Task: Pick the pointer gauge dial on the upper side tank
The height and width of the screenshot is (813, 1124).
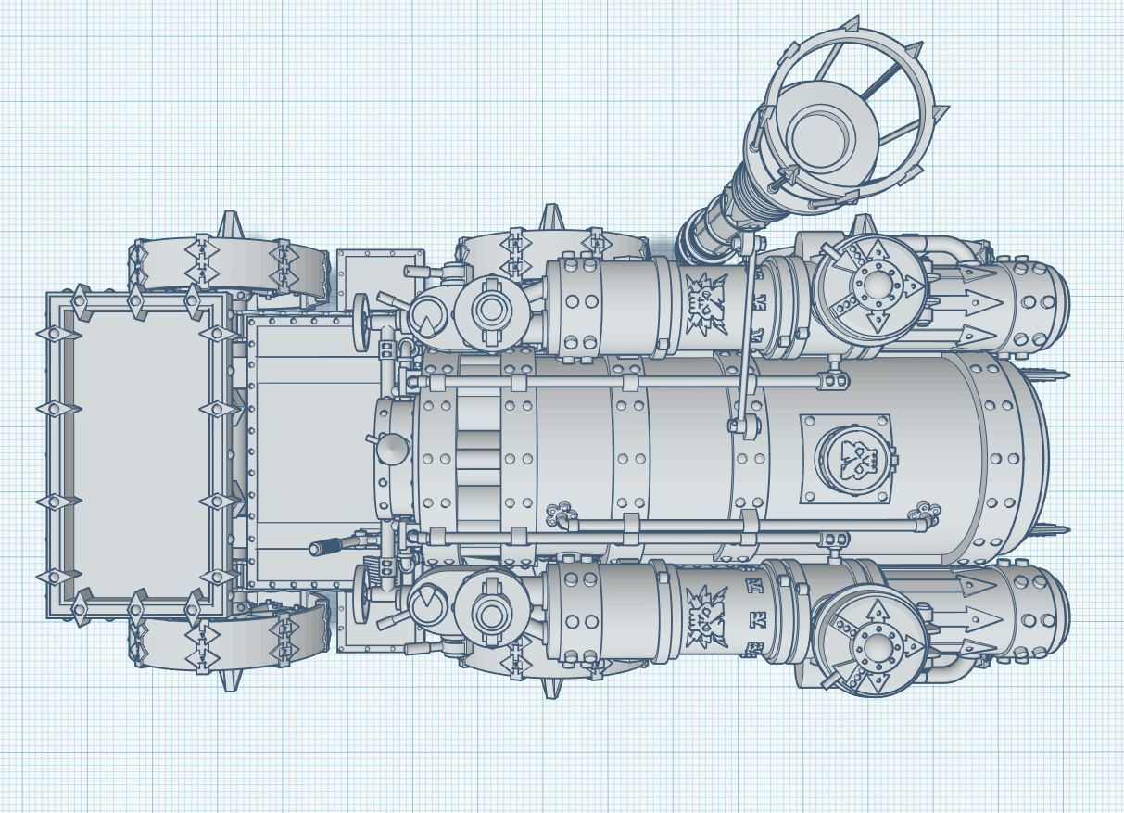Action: coord(427,318)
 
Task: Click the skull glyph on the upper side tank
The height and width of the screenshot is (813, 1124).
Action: coord(705,303)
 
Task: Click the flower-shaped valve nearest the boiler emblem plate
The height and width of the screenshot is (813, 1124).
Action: coord(921,509)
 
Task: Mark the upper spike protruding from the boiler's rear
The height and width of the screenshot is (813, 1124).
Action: coord(1056,375)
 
